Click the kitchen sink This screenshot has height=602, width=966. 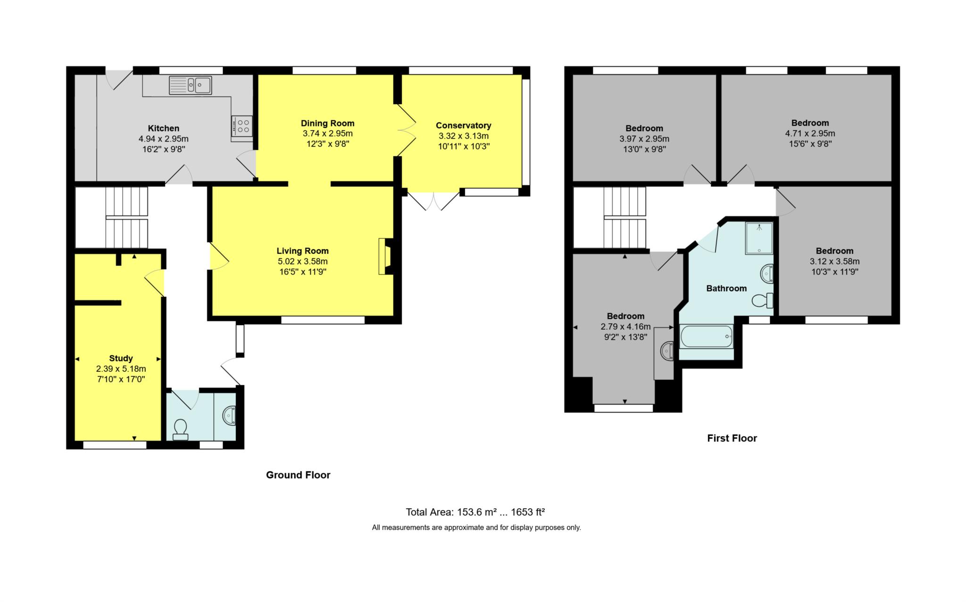tap(190, 85)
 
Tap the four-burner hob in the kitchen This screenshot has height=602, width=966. tap(242, 126)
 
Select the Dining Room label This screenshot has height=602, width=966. tap(327, 124)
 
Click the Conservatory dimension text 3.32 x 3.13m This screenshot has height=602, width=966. tap(463, 136)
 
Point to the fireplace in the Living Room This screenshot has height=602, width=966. tap(385, 256)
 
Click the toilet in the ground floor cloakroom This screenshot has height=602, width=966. tap(180, 429)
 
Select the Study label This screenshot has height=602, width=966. tap(121, 359)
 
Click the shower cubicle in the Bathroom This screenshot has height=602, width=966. tap(759, 238)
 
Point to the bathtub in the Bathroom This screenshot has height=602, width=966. tap(706, 336)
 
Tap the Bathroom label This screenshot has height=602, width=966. tap(726, 288)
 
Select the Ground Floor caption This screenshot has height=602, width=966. tap(298, 475)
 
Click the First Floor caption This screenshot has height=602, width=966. tap(732, 438)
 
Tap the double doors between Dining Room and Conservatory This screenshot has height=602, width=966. tap(406, 130)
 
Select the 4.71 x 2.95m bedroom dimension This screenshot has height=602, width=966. tap(810, 134)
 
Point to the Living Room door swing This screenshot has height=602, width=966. tap(219, 257)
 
